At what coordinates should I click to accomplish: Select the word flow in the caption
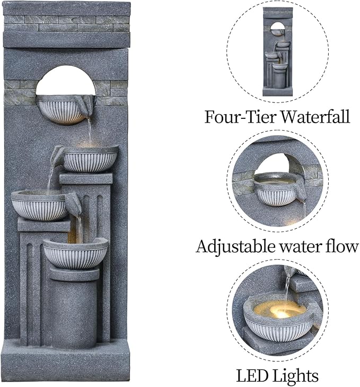click(345, 246)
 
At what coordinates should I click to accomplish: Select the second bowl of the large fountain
click(90, 160)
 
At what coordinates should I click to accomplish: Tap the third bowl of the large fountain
click(40, 206)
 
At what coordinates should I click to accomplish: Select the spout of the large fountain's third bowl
click(74, 202)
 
